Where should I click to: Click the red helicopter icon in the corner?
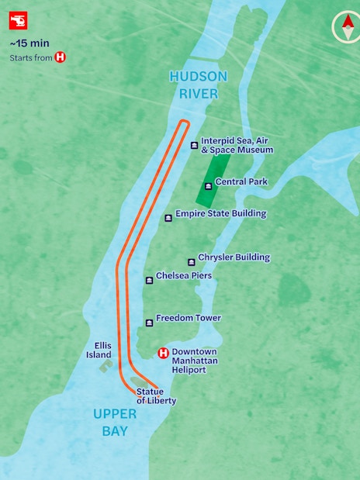tap(18, 21)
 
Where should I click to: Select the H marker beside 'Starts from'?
tap(60, 57)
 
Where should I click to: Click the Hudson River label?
tap(199, 85)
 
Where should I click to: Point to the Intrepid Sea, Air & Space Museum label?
tap(237, 145)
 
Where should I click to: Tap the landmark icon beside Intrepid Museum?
tap(194, 145)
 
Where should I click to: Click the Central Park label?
tap(241, 181)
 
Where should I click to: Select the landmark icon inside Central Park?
tap(207, 186)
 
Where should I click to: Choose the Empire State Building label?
tap(220, 213)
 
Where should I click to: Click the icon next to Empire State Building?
tap(168, 218)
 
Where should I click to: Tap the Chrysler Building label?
tap(234, 257)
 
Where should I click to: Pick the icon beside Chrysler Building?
tap(191, 261)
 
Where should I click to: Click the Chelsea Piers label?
tap(183, 275)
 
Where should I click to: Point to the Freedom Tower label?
tap(188, 318)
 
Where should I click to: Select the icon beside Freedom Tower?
tap(149, 323)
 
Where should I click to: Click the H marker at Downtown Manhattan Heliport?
tap(163, 353)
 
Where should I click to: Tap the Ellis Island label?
tap(99, 351)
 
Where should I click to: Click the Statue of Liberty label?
tap(156, 396)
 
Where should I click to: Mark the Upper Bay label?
tap(115, 422)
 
